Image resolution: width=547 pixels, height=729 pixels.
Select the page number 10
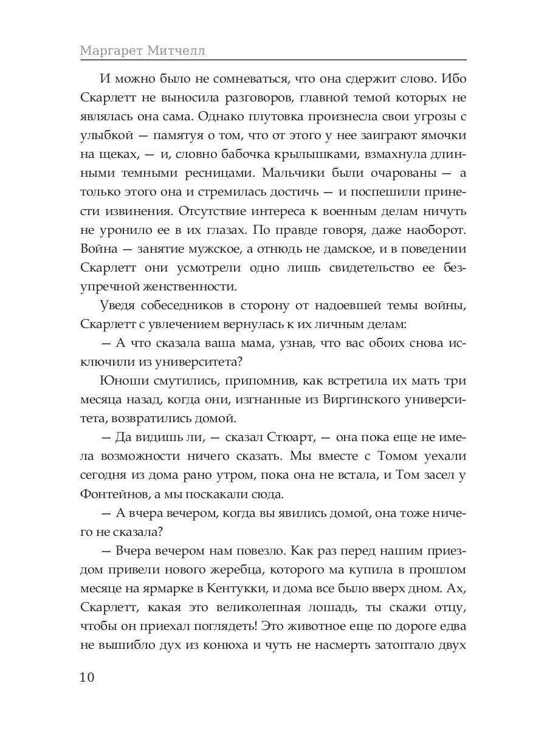89,678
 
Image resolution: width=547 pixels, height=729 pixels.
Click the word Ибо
450,80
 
